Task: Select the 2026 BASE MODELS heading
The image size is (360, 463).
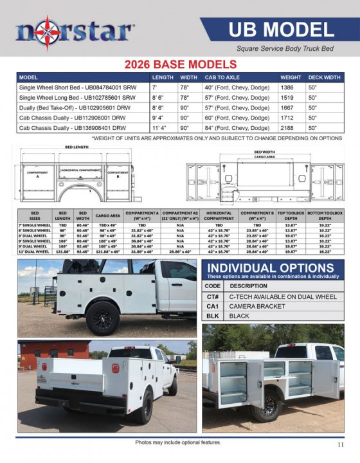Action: click(180, 64)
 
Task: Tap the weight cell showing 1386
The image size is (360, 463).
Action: click(291, 87)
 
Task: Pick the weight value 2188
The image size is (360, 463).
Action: click(291, 128)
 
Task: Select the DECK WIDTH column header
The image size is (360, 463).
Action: click(324, 77)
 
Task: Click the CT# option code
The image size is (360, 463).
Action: click(212, 296)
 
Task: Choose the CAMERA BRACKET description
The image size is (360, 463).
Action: click(257, 306)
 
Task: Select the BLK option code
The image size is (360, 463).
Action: click(212, 316)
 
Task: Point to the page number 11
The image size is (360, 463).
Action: click(340, 444)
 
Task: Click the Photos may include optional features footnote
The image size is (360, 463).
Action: click(178, 442)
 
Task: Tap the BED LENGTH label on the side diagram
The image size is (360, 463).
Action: click(76, 147)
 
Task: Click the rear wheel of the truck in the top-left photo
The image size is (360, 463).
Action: click(102, 317)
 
